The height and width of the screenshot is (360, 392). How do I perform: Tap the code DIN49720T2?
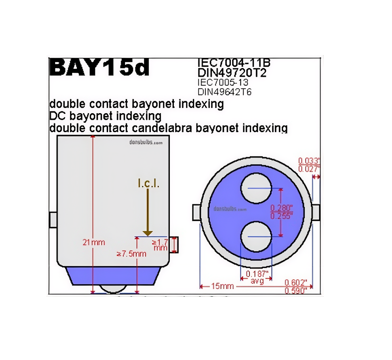coord(232,73)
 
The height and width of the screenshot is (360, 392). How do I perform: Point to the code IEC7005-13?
coord(223,82)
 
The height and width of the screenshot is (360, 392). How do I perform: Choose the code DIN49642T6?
coord(225,92)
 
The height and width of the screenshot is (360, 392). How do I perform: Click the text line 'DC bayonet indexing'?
coord(105,116)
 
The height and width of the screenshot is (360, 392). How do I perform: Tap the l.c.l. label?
coord(148,183)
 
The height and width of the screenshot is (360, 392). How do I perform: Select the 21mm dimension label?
coord(93,243)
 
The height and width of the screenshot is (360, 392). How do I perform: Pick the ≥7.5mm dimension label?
coord(131,254)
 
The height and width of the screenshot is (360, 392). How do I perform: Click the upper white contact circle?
coord(256,188)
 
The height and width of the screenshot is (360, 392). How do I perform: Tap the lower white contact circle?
coord(256,237)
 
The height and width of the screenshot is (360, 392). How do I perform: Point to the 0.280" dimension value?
coord(281,208)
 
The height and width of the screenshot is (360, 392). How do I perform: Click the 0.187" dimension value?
coord(257,274)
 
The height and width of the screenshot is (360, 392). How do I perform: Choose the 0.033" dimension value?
coord(309,161)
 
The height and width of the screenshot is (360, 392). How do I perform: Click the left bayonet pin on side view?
coord(53,220)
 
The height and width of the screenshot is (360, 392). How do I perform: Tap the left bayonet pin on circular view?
coord(197,212)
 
